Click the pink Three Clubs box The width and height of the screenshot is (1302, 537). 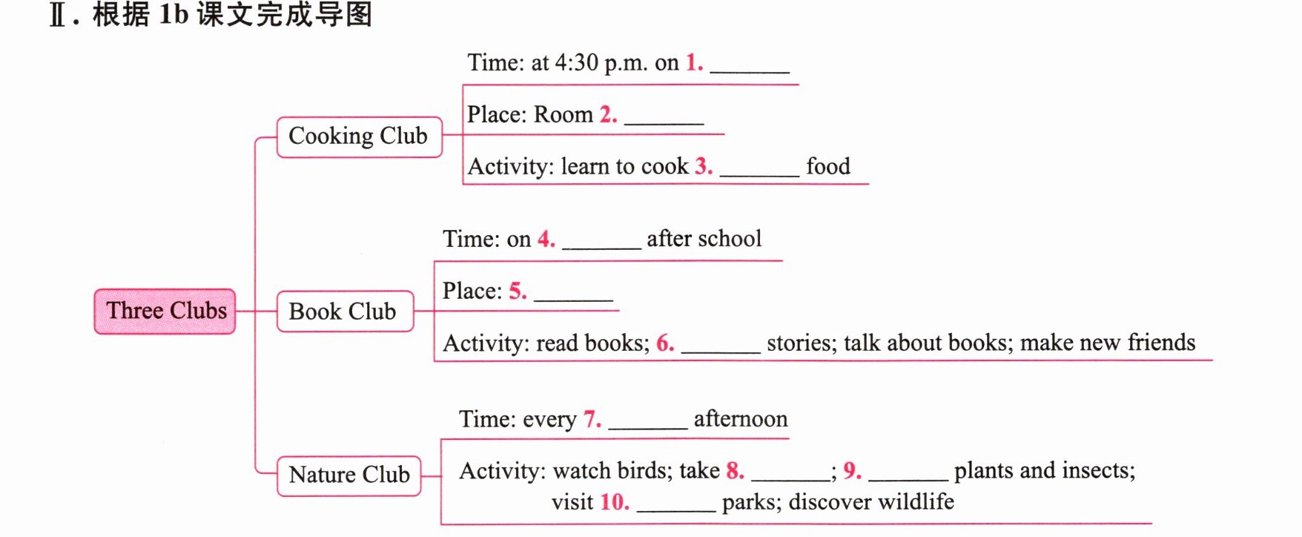165,311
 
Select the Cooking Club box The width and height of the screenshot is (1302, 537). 359,136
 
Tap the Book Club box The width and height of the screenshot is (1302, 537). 345,311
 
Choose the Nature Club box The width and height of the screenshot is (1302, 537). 348,475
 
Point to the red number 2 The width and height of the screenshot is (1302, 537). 608,114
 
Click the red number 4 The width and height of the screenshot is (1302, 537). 546,239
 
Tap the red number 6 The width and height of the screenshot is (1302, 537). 665,343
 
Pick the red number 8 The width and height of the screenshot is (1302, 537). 735,470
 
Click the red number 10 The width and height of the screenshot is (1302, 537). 615,502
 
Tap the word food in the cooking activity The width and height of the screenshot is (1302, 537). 828,166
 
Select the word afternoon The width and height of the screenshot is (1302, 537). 741,419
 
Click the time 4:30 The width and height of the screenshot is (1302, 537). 576,62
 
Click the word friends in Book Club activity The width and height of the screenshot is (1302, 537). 1161,342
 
